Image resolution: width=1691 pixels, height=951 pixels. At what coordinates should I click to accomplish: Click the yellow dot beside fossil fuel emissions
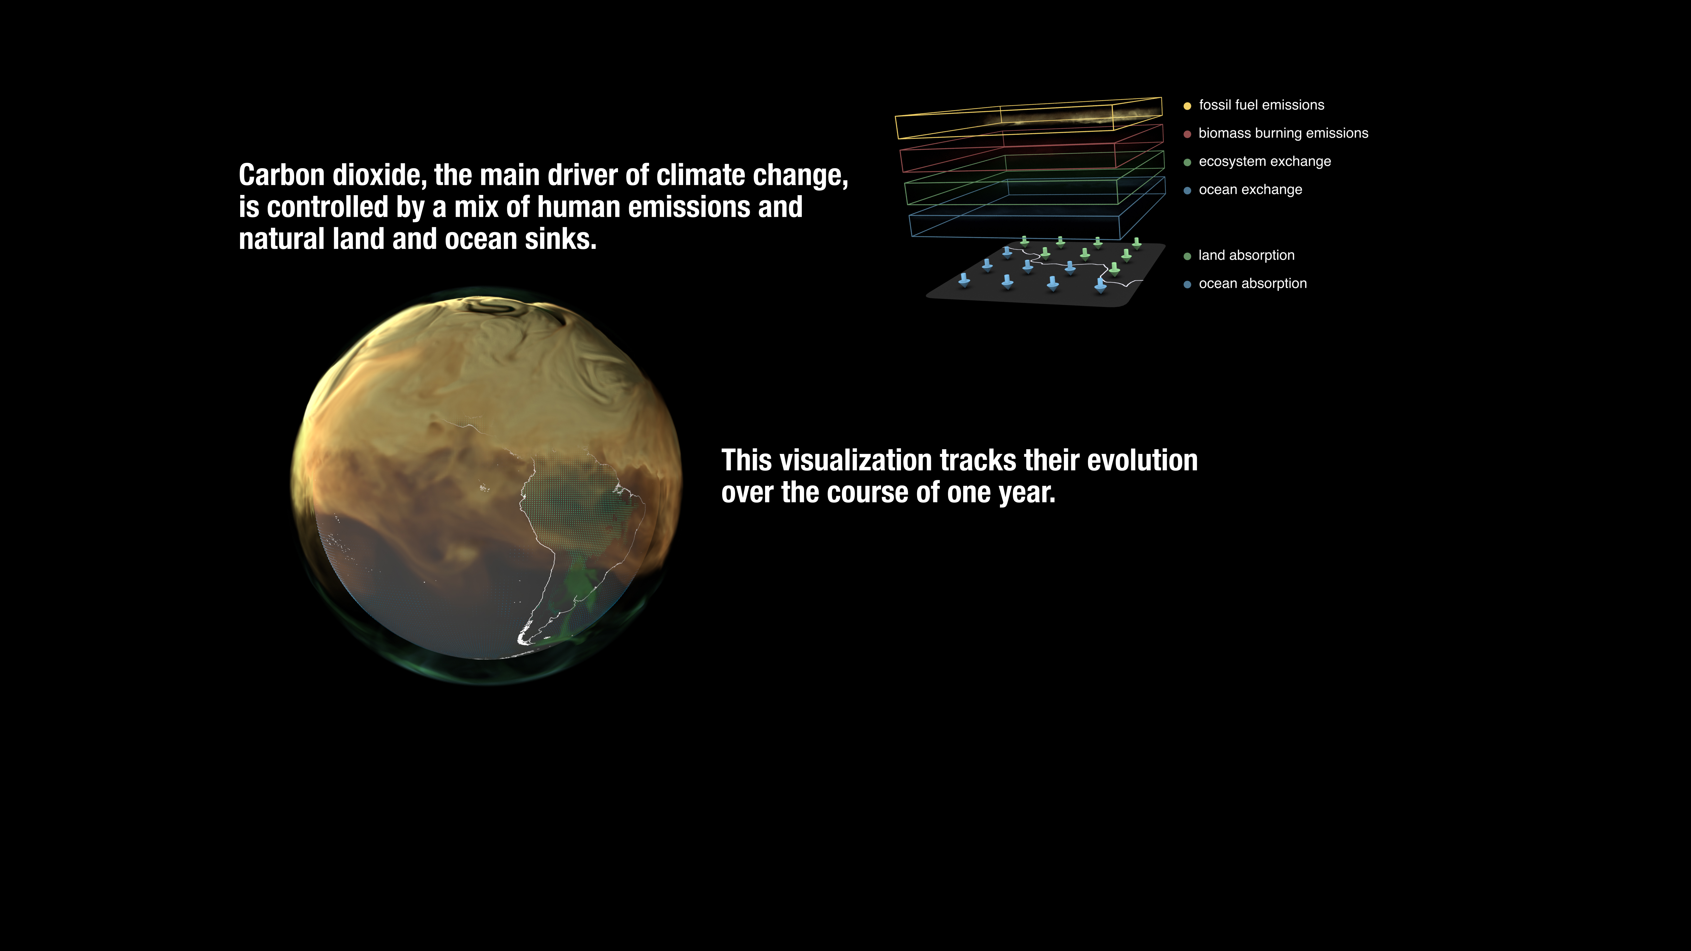pyautogui.click(x=1187, y=106)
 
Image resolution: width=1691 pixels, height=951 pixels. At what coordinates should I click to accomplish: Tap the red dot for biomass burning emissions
pyautogui.click(x=1187, y=134)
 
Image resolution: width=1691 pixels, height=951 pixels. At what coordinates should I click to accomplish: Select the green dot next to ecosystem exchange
pyautogui.click(x=1187, y=162)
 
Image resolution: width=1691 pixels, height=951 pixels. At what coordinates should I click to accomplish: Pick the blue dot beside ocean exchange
pyautogui.click(x=1187, y=190)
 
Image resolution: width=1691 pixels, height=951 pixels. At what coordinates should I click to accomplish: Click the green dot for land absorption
pyautogui.click(x=1187, y=256)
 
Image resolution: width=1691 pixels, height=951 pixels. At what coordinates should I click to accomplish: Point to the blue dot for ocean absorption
pyautogui.click(x=1187, y=284)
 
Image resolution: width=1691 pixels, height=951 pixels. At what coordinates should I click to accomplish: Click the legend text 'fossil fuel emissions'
pyautogui.click(x=1261, y=105)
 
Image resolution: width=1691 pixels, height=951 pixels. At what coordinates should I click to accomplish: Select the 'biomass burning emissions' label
pyautogui.click(x=1283, y=133)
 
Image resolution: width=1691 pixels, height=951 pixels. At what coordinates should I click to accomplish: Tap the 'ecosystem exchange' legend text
pyautogui.click(x=1264, y=161)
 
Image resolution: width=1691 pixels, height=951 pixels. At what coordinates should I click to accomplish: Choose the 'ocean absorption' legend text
pyautogui.click(x=1252, y=284)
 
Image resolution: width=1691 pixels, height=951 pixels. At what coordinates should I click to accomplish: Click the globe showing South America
pyautogui.click(x=486, y=486)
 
